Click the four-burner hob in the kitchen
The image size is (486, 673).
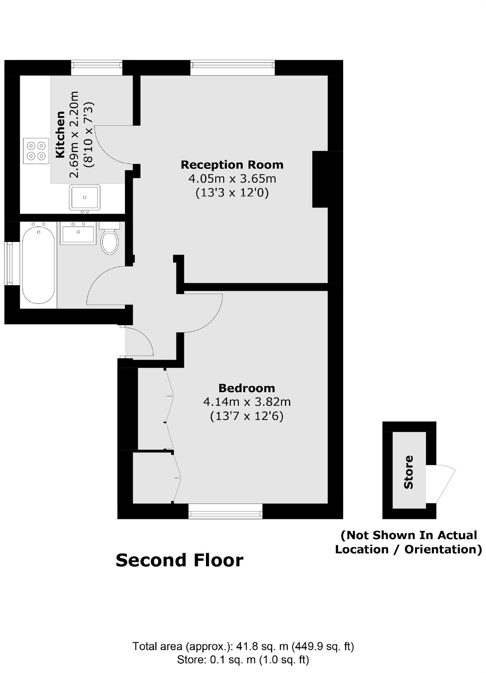point(36,151)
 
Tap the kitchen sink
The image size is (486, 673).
point(84,197)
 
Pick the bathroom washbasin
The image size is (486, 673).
point(78,233)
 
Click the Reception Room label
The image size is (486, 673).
point(232,165)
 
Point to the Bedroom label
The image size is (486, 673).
point(247,388)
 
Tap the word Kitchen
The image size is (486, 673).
point(60,135)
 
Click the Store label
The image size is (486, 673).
point(409,472)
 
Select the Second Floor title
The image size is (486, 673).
point(179,560)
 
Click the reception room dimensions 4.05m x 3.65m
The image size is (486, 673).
point(232,179)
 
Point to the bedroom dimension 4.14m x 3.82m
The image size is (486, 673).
point(247,402)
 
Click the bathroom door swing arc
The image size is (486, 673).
point(98,279)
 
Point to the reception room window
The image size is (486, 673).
point(233,67)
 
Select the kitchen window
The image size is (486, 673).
point(97,67)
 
